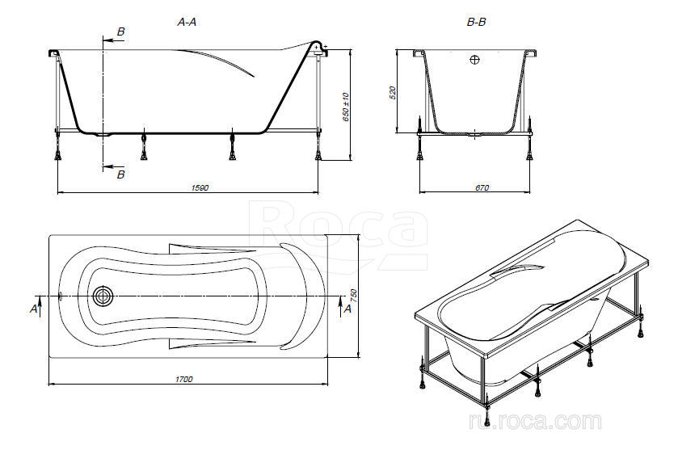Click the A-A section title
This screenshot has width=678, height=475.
(187, 22)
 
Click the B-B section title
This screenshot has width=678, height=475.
(476, 22)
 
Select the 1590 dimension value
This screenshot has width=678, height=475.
(200, 187)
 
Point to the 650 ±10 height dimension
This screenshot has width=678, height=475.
(346, 107)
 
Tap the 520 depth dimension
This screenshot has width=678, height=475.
(393, 93)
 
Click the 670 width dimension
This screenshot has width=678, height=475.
(482, 187)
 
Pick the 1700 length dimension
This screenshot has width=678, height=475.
(183, 380)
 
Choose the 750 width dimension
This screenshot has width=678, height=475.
(354, 296)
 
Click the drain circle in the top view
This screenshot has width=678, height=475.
(103, 296)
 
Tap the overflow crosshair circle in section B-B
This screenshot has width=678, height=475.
(475, 59)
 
